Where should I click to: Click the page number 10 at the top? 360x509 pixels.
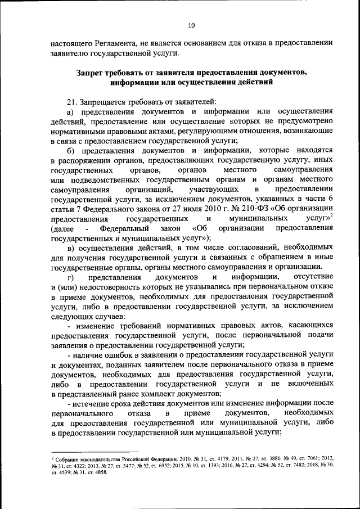tap(191, 25)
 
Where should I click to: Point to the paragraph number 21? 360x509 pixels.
tap(71, 101)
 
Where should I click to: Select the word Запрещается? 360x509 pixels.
tap(103, 101)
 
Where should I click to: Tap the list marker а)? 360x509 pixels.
tap(71, 112)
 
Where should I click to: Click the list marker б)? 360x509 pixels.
tap(71, 151)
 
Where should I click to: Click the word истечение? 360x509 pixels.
tap(92, 404)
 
